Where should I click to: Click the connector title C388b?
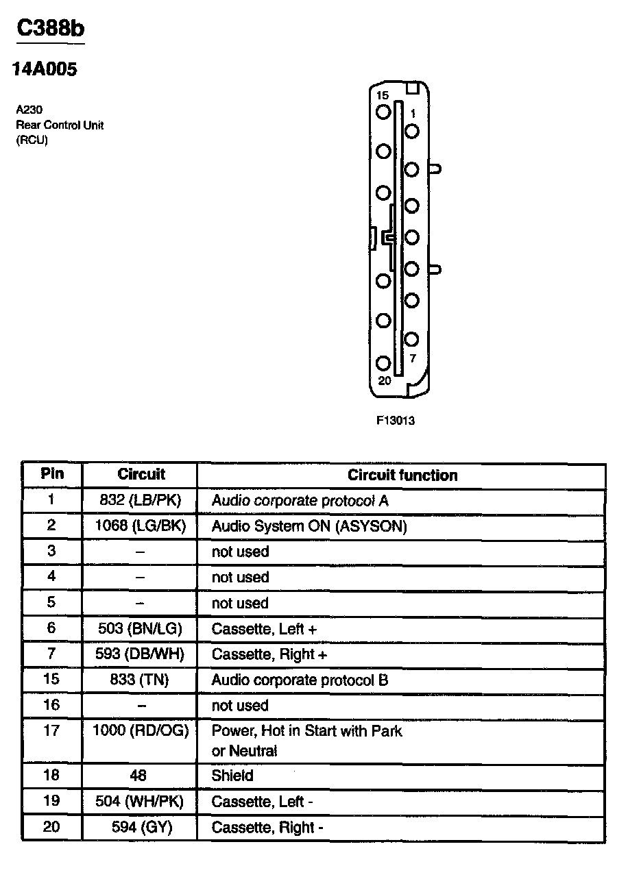pyautogui.click(x=51, y=29)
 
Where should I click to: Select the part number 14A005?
pyautogui.click(x=45, y=70)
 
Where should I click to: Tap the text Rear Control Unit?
pyautogui.click(x=60, y=125)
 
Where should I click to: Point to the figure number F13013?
pyautogui.click(x=396, y=421)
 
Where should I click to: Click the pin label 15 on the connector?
pyautogui.click(x=382, y=96)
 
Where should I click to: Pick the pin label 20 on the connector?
pyautogui.click(x=385, y=380)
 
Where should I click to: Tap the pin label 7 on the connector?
pyautogui.click(x=412, y=358)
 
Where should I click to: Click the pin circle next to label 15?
pyautogui.click(x=383, y=111)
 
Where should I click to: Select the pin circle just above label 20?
pyautogui.click(x=383, y=363)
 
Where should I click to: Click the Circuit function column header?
pyautogui.click(x=402, y=475)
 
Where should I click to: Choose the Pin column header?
pyautogui.click(x=52, y=473)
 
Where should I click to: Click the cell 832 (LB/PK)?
pyautogui.click(x=140, y=500)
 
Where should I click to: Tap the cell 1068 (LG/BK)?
pyautogui.click(x=140, y=526)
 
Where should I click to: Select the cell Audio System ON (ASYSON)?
pyautogui.click(x=309, y=526)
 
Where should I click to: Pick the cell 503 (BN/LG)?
pyautogui.click(x=140, y=628)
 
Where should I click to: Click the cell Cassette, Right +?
pyautogui.click(x=269, y=654)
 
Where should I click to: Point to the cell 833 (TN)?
pyautogui.click(x=140, y=680)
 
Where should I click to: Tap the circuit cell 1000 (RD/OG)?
pyautogui.click(x=140, y=730)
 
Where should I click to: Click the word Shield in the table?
pyautogui.click(x=232, y=776)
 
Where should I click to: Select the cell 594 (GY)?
pyautogui.click(x=141, y=827)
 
